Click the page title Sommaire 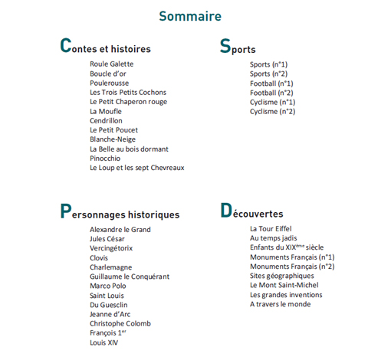pos(190,16)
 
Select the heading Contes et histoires pos(105,47)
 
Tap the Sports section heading pos(238,47)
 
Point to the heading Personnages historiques pos(120,213)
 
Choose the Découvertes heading pos(251,212)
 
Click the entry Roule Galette pos(111,64)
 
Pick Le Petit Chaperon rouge pos(128,102)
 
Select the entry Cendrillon pos(106,121)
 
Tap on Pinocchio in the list pos(105,159)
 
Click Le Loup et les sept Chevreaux pos(136,168)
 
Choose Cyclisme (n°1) pos(272,102)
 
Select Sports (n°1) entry pos(268,64)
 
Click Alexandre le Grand pos(120,230)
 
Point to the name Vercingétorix pos(111,248)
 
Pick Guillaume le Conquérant pos(130,277)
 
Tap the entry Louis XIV pos(104,342)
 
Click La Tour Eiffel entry pos(271,229)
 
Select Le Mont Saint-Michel pos(284,286)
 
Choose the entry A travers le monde pos(280,304)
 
